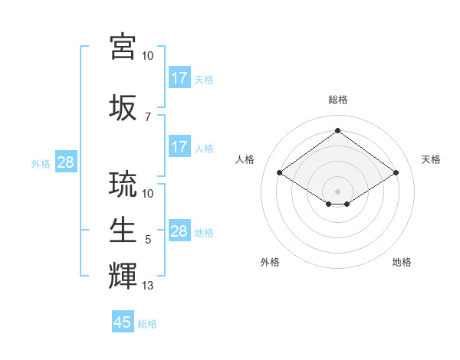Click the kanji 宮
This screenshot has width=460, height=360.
123,45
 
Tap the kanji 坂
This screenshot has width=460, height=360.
123,108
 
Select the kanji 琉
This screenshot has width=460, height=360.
123,185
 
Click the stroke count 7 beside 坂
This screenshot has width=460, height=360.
148,116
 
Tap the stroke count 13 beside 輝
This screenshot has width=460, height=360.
148,286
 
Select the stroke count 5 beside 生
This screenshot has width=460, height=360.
148,240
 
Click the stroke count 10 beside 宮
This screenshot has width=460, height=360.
148,55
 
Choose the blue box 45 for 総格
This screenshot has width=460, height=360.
123,322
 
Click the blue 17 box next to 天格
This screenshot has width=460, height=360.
179,77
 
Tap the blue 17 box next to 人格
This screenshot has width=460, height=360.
179,147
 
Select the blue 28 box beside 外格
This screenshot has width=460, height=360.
65,162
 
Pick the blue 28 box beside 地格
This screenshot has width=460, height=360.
179,231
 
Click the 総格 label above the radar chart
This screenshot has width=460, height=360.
337,100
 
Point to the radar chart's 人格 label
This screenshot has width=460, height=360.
245,159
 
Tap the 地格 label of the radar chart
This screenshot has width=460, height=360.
402,262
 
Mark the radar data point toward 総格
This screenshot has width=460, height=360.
337,131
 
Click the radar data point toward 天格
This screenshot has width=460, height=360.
396,173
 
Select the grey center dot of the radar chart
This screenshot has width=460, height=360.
337,190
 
